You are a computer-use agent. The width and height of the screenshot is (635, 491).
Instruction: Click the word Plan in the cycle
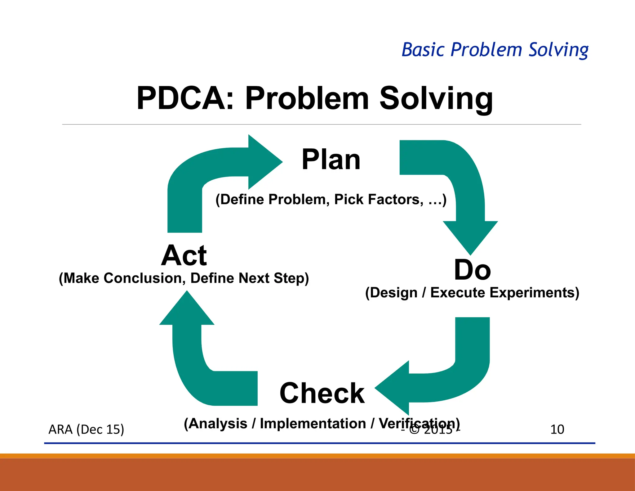(331, 160)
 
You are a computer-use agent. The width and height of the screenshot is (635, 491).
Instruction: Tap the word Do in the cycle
(472, 270)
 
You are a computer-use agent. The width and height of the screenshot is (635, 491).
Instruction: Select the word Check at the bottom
(322, 393)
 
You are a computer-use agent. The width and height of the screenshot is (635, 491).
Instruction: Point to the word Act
(184, 255)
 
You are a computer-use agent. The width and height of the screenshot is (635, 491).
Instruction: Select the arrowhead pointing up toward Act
(187, 310)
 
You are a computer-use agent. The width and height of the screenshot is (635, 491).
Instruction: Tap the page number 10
(557, 430)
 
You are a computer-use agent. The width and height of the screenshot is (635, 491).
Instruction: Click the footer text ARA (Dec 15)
(86, 430)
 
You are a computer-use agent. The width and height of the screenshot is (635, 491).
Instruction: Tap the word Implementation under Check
(313, 424)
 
